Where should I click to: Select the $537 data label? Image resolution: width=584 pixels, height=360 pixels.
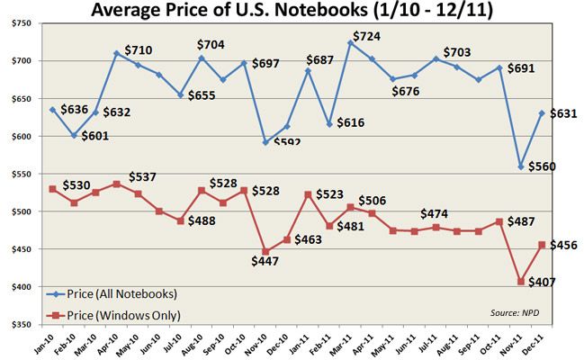tap(140, 176)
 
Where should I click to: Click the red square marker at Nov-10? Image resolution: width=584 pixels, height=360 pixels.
tap(265, 251)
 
